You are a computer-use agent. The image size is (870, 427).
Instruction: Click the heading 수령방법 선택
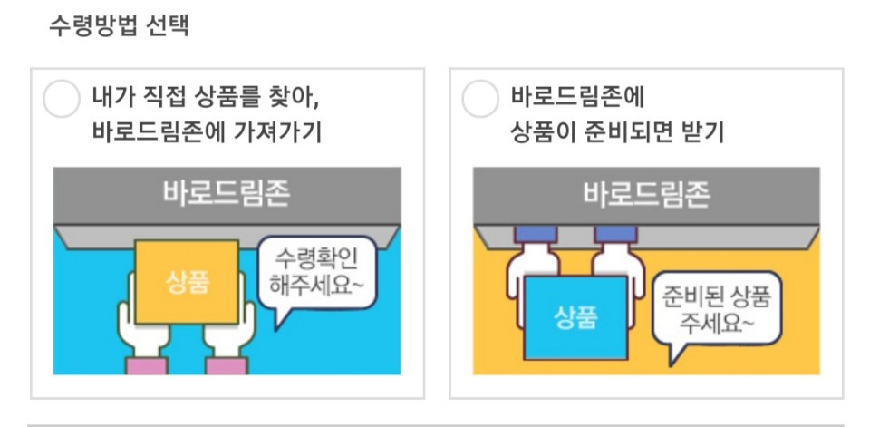(x=118, y=24)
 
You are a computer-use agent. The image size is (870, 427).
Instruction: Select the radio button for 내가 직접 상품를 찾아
(x=62, y=99)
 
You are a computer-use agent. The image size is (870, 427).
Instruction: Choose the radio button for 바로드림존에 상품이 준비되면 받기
(x=480, y=99)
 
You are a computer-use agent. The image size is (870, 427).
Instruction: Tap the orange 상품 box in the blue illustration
(x=188, y=282)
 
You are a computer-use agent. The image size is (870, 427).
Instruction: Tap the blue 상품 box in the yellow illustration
(x=576, y=318)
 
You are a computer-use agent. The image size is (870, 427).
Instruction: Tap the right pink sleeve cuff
(x=227, y=365)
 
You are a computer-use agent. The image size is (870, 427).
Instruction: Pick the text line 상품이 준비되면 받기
(x=617, y=133)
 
